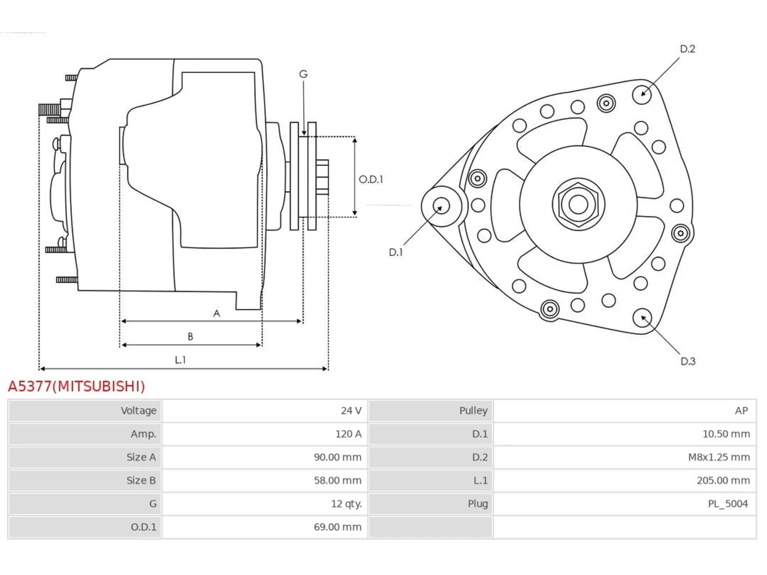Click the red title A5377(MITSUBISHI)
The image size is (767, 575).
76,386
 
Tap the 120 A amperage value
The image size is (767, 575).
348,434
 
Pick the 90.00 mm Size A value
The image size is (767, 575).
337,457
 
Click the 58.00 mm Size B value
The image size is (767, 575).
337,480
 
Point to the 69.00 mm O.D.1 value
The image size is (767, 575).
337,527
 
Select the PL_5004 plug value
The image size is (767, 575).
727,504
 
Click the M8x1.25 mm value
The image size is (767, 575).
719,457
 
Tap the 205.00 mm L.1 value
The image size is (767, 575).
723,480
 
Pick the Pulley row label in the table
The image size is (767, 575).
473,410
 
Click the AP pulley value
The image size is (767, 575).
741,410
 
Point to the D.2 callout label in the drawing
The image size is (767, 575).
687,49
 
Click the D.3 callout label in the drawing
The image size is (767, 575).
688,361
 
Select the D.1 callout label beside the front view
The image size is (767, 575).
395,252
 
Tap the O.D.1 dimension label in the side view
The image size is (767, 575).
371,180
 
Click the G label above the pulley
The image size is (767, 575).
303,74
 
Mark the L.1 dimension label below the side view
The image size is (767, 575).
180,359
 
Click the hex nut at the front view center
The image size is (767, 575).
578,205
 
